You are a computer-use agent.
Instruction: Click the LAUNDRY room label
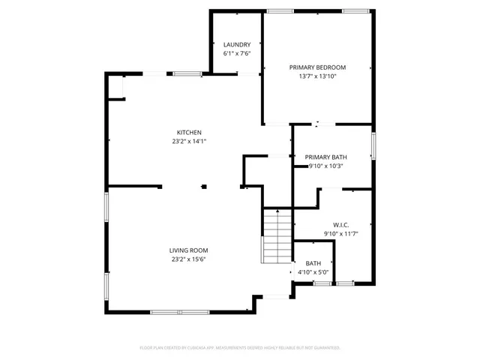(236, 45)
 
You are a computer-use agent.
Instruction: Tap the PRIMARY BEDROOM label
(316, 67)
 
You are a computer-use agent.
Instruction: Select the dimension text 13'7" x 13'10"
(316, 76)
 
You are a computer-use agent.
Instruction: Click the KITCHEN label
(189, 132)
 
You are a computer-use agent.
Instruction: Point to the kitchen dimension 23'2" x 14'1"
(189, 141)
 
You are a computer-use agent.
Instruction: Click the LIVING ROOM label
(188, 250)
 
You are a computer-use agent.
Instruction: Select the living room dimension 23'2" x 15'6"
(188, 259)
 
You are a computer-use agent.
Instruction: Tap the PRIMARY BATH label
(325, 157)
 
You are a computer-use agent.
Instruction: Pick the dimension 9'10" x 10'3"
(325, 166)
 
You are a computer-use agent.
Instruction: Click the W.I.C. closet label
(340, 225)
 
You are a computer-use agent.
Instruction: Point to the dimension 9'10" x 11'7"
(340, 234)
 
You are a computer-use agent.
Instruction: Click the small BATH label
(313, 263)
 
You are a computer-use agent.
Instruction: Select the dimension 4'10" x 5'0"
(313, 272)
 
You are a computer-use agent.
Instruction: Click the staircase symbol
(275, 235)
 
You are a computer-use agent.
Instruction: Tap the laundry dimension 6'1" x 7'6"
(236, 54)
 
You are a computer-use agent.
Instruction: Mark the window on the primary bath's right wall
(373, 144)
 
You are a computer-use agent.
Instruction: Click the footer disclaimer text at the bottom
(240, 348)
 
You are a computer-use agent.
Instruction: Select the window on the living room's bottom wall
(178, 311)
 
